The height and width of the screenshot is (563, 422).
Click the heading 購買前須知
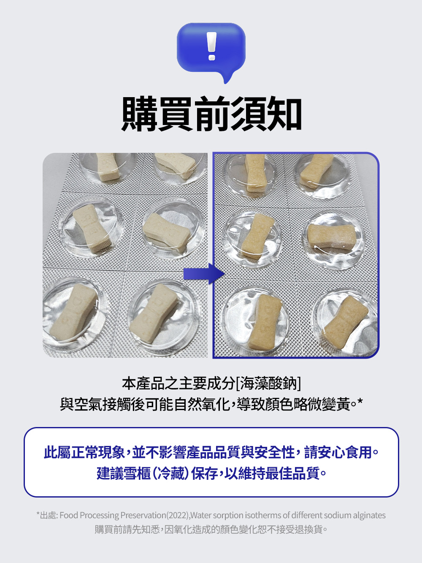[x=211, y=114]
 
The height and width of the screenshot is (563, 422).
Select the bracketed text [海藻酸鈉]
[x=269, y=383]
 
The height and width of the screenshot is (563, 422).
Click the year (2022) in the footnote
[x=178, y=515]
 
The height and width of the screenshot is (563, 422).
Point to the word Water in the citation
[x=201, y=515]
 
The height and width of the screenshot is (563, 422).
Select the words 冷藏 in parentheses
[x=171, y=473]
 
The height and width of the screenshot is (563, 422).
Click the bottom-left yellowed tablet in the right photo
[x=264, y=322]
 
